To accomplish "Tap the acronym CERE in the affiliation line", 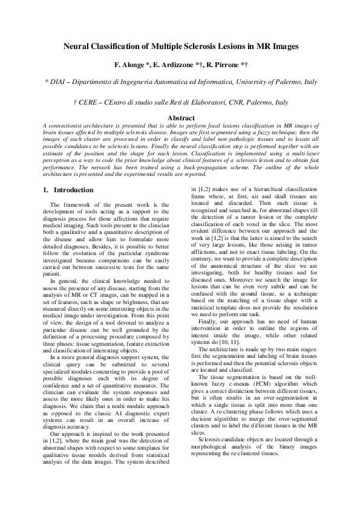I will [88, 103].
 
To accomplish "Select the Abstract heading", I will [180, 117].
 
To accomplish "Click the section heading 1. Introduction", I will [63, 190].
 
